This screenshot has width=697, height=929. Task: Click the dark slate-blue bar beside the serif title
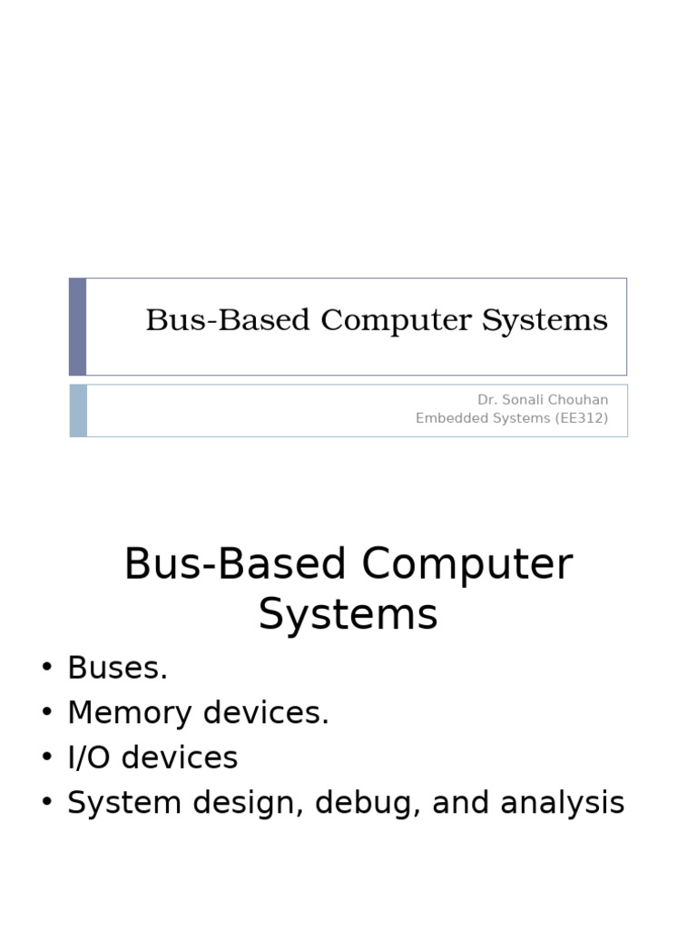(x=78, y=327)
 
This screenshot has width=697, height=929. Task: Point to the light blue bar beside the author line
(x=78, y=410)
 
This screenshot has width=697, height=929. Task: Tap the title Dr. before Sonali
(x=487, y=400)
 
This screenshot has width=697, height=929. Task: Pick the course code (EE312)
(x=581, y=418)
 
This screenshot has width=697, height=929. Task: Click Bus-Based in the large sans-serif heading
(x=235, y=564)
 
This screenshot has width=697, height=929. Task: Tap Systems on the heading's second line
(x=348, y=614)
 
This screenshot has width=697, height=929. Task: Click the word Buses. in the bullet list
(x=118, y=669)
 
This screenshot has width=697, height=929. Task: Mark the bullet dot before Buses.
(x=47, y=670)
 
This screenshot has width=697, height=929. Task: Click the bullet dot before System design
(x=47, y=804)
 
